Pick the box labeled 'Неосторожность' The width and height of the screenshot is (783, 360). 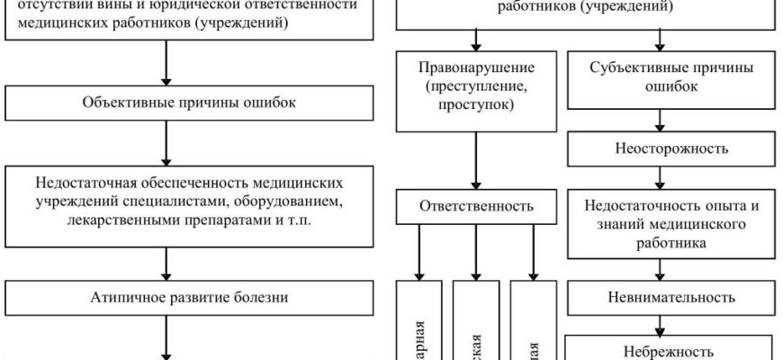[x=661, y=148]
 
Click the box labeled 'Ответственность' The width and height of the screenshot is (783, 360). [x=474, y=205]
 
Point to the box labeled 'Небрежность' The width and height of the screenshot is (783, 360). [x=661, y=348]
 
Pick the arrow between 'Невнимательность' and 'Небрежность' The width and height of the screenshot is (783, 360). [x=661, y=320]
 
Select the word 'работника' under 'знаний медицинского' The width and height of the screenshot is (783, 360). [x=661, y=241]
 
